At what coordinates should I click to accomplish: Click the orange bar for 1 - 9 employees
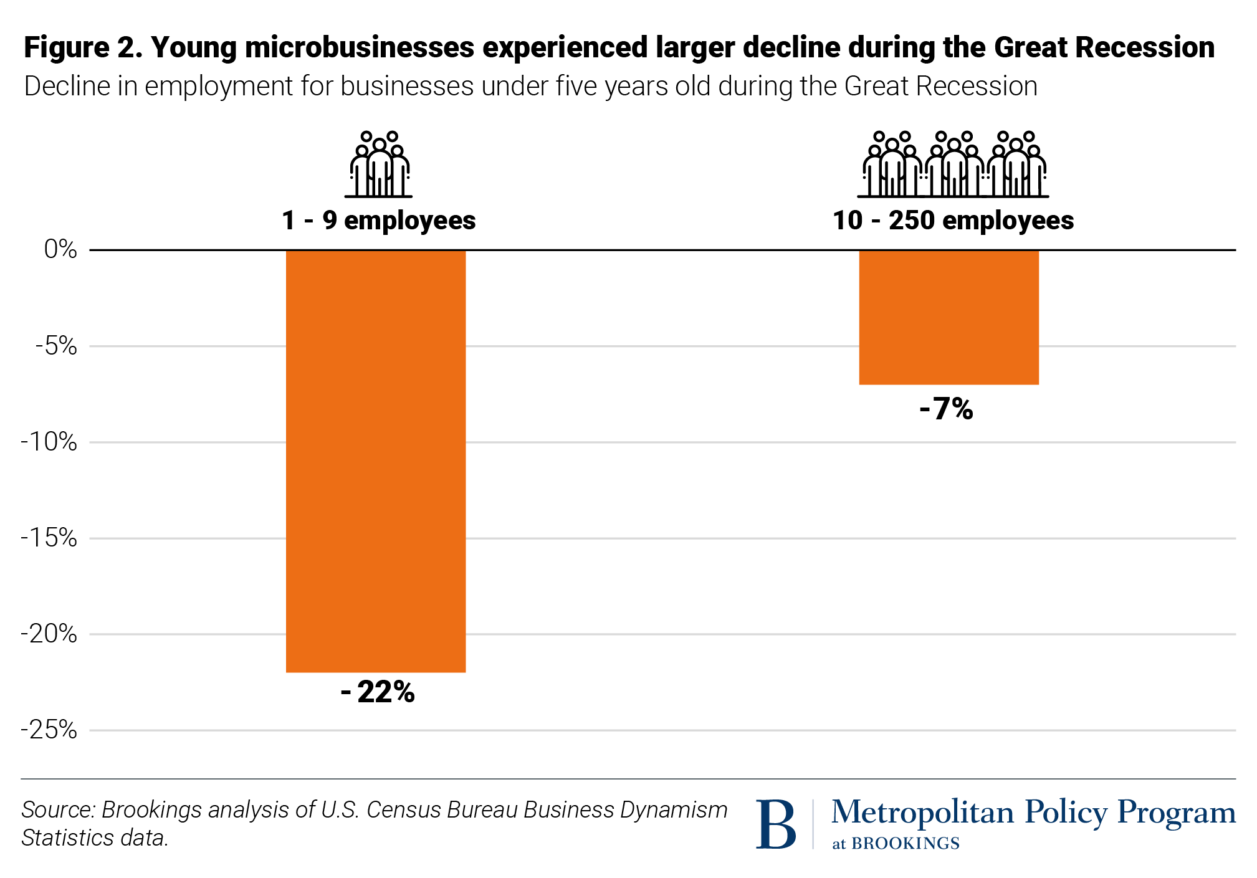pyautogui.click(x=376, y=461)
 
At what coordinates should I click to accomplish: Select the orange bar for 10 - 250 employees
pyautogui.click(x=949, y=317)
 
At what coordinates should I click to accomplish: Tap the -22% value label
pyautogui.click(x=378, y=692)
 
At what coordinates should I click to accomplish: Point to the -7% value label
pyautogui.click(x=946, y=409)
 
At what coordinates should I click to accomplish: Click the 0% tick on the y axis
pyautogui.click(x=60, y=250)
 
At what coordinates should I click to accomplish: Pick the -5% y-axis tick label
pyautogui.click(x=56, y=346)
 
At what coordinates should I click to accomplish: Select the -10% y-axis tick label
pyautogui.click(x=49, y=442)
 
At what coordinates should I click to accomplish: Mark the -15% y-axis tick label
pyautogui.click(x=49, y=538)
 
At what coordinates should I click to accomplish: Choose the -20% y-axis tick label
pyautogui.click(x=49, y=634)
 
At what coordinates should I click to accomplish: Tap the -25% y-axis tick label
pyautogui.click(x=49, y=730)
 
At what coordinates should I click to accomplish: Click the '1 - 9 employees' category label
pyautogui.click(x=378, y=221)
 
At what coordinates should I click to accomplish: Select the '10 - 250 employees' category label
pyautogui.click(x=953, y=221)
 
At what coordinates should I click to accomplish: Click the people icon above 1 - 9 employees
pyautogui.click(x=379, y=165)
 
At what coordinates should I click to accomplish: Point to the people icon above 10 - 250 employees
pyautogui.click(x=954, y=165)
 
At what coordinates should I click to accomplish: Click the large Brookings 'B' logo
pyautogui.click(x=776, y=824)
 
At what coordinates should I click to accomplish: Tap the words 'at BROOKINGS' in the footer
pyautogui.click(x=896, y=844)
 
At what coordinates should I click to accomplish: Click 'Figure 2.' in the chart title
pyautogui.click(x=83, y=48)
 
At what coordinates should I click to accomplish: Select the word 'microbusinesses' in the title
pyautogui.click(x=360, y=48)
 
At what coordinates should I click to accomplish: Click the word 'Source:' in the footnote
pyautogui.click(x=58, y=810)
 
